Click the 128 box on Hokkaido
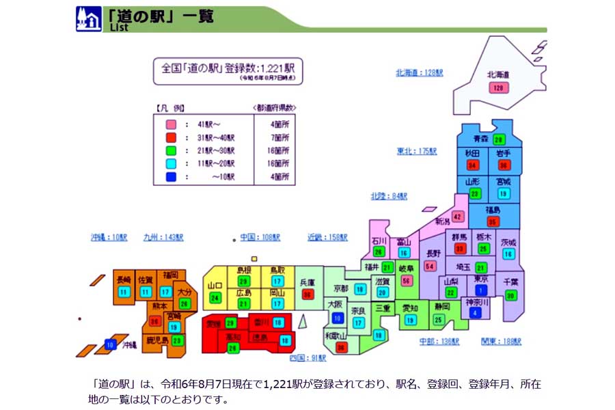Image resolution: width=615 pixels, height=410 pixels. (497, 87)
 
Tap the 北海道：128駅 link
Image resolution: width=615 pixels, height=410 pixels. (420, 72)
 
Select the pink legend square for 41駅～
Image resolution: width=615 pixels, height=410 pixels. (172, 124)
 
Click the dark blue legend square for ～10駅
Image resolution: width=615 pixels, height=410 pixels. (172, 176)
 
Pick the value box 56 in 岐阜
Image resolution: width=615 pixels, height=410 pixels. (408, 281)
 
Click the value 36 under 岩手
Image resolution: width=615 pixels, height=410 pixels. (504, 165)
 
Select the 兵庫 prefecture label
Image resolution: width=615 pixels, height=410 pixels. (307, 282)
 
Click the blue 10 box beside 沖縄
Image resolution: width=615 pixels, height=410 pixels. (110, 345)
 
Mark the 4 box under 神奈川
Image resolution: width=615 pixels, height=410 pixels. (476, 314)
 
